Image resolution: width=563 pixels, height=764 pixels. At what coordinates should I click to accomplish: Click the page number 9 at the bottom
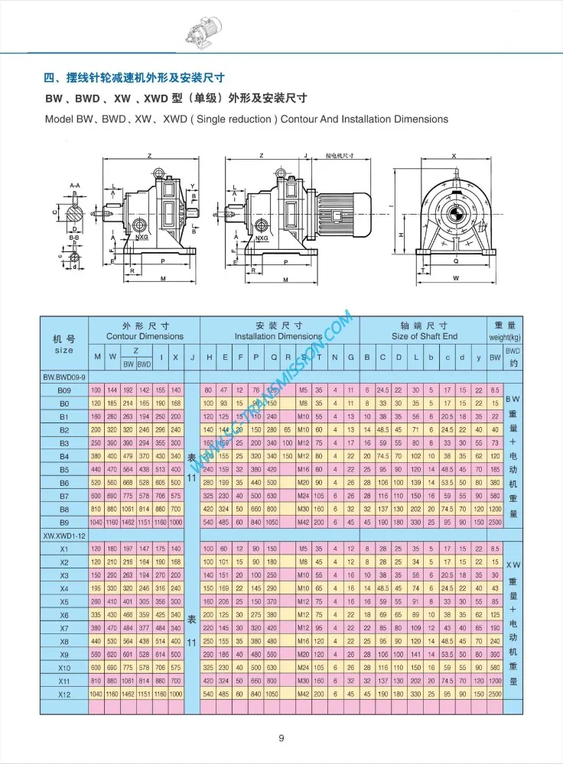pos(281,737)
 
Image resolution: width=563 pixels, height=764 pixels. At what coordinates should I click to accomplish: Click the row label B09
pos(64,390)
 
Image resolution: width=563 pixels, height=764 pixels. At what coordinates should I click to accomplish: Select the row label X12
pos(64,694)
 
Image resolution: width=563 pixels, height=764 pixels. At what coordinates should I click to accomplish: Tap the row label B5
pos(64,469)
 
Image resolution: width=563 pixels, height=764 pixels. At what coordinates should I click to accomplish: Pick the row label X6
pos(64,614)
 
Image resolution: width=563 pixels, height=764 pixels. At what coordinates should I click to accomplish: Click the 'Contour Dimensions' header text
pos(145,336)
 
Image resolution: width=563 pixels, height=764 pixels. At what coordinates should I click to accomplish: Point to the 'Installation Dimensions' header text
pos(278,336)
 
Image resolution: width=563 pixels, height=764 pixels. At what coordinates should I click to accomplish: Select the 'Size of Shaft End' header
pos(425,336)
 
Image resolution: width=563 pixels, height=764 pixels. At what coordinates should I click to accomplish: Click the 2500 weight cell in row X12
pos(495,694)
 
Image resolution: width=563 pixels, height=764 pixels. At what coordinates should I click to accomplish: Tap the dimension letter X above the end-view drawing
pos(454,156)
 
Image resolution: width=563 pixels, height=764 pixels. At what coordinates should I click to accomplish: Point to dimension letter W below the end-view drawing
pos(456,278)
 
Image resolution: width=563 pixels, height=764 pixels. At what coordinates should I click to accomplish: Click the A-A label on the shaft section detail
pos(75,186)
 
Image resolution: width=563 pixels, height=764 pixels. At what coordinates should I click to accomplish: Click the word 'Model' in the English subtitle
pos(58,119)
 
